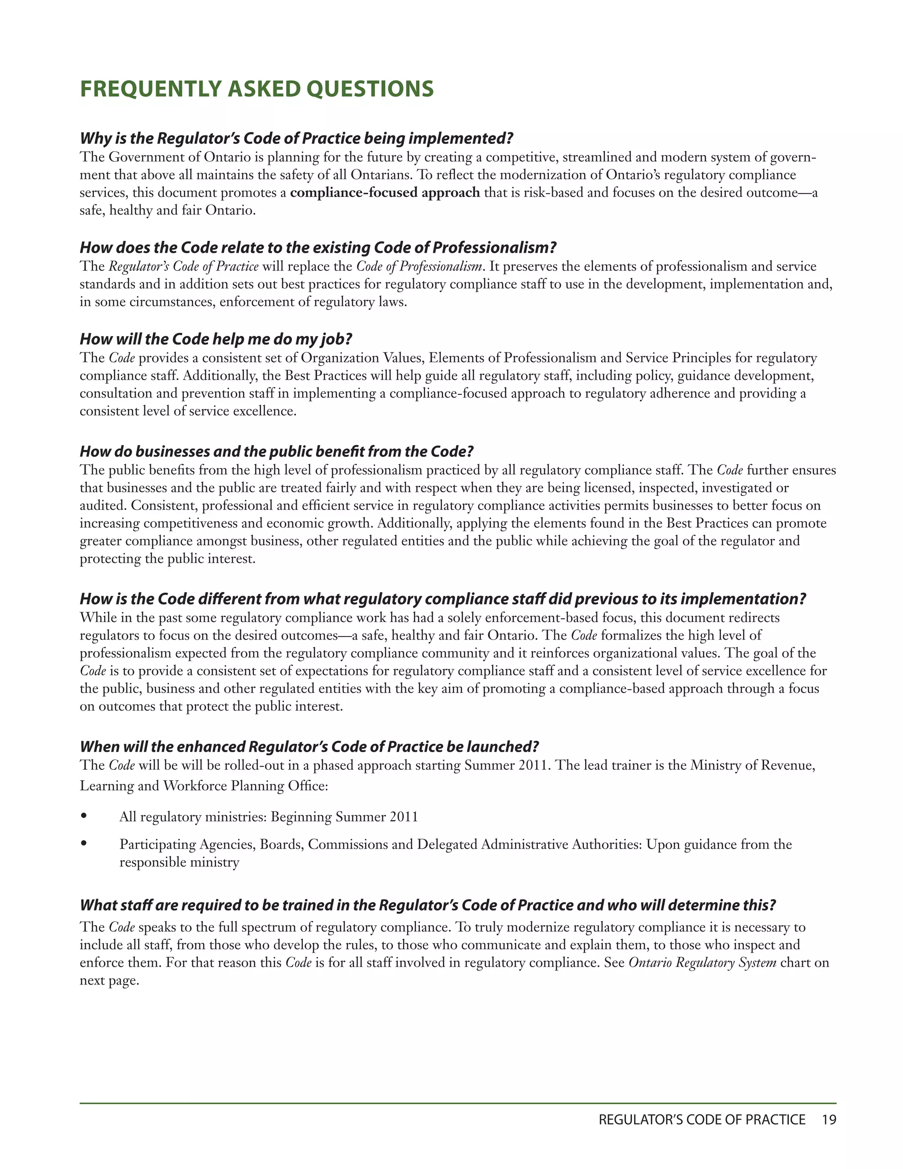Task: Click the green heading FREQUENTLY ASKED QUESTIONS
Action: point(257,89)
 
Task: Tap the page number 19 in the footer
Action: point(828,1120)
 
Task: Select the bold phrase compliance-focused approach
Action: point(384,193)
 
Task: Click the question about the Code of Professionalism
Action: point(318,248)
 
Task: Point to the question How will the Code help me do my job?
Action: point(216,339)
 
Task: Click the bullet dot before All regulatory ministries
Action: point(83,816)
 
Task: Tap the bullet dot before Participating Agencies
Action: point(83,843)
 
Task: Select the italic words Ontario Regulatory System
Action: point(702,963)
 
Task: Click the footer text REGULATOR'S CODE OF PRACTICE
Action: point(702,1120)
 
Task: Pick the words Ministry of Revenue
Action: point(752,765)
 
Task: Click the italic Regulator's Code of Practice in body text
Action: point(183,266)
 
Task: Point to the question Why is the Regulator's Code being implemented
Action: point(296,139)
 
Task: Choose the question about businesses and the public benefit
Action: point(276,452)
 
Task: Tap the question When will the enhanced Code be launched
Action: point(309,747)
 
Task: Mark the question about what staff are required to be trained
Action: point(427,905)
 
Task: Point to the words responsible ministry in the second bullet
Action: point(179,862)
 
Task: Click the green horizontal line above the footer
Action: point(458,1103)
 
